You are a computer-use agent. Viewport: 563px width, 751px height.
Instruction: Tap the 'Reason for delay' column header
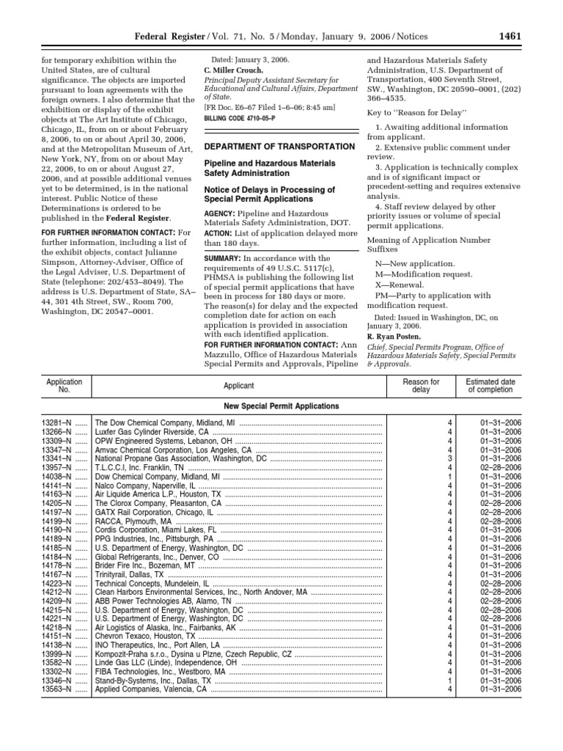point(421,386)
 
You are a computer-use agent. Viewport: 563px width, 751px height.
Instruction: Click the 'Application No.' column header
point(64,386)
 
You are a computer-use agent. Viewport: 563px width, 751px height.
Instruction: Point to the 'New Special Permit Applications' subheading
point(281,406)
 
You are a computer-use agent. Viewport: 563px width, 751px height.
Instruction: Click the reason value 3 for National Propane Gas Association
point(450,458)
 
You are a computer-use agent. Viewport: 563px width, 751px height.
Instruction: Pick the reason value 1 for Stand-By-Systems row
point(450,680)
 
